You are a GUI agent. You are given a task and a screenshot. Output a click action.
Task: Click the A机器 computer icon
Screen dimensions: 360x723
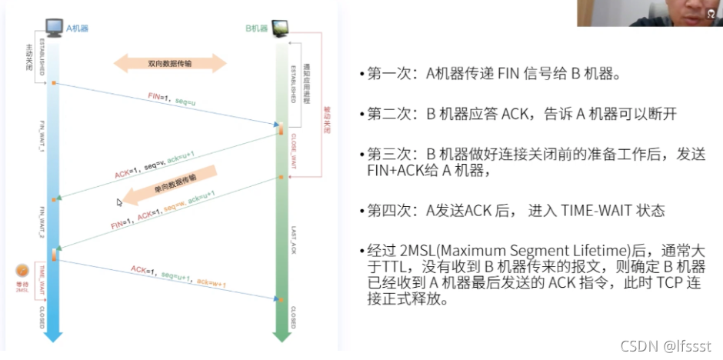click(x=53, y=28)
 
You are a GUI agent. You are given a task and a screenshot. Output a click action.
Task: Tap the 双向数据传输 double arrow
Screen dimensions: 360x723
click(x=171, y=64)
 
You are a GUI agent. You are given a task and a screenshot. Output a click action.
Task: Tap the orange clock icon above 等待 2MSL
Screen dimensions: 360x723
click(x=22, y=272)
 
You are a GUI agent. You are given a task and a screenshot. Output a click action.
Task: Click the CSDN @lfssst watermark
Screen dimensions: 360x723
click(x=665, y=345)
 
